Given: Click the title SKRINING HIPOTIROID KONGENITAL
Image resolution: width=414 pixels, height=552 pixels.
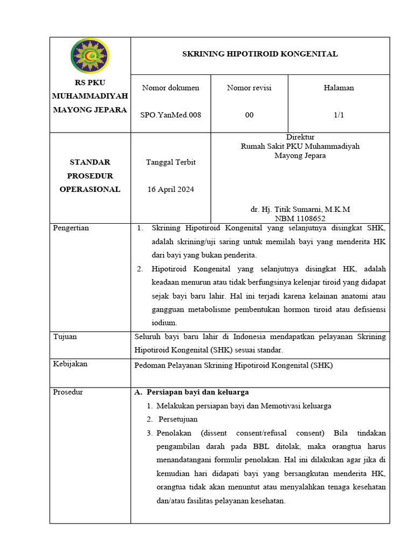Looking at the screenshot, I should pos(260,54).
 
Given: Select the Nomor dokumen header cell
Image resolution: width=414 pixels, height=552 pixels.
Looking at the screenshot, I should pos(170,88).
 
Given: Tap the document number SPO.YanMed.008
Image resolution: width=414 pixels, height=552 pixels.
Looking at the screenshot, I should pos(170,115).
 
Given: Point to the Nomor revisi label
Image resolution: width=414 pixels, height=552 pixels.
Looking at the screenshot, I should pos(249,88).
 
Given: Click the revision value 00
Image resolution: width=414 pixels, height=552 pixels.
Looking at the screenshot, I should pos(249,115).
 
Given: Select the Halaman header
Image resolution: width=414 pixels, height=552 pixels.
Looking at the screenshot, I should pos(339,88).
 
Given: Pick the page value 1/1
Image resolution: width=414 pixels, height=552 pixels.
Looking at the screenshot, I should pos(339,115).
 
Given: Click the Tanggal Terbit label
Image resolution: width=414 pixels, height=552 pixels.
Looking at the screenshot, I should pos(170,162).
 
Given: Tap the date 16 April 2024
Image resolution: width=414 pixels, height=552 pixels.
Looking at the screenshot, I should pos(170,189).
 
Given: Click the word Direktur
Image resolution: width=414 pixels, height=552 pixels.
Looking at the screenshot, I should pos(300,137).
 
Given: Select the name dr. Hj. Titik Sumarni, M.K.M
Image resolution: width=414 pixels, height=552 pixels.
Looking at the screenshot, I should pos(300,209).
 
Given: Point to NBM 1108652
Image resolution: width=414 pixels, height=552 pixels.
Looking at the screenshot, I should pos(300,218).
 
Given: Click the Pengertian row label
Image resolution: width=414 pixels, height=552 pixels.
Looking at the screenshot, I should pos(71,228).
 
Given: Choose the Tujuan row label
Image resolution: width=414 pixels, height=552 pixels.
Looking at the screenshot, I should pos(65,336).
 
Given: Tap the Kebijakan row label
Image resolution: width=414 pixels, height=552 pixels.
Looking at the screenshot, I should pos(70,364).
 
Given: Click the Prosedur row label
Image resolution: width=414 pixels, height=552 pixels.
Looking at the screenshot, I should pos(68,392).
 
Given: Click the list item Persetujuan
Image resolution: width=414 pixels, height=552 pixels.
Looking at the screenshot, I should pos(177,419).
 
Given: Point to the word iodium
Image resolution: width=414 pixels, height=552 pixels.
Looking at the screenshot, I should pos(164,323).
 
